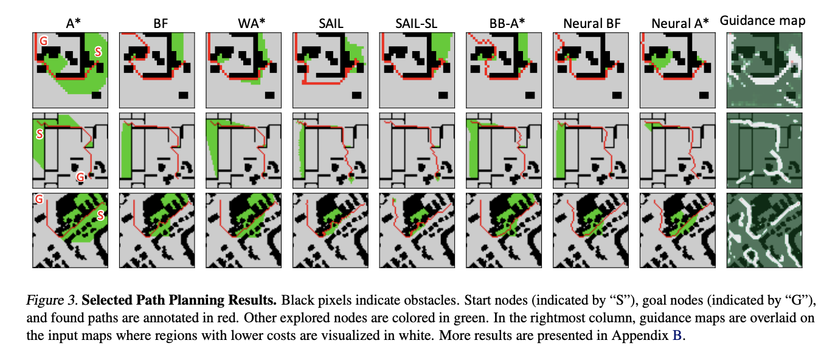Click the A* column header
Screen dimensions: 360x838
[x=74, y=23]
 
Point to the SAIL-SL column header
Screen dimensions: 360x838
[x=417, y=23]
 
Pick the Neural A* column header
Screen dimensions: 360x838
[x=680, y=23]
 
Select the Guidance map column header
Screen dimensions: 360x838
[x=763, y=21]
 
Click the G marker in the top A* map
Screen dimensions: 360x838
[x=43, y=41]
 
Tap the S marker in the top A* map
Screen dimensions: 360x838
[x=98, y=55]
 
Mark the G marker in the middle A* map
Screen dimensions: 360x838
[x=80, y=177]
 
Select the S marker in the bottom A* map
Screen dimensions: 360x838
[x=101, y=215]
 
